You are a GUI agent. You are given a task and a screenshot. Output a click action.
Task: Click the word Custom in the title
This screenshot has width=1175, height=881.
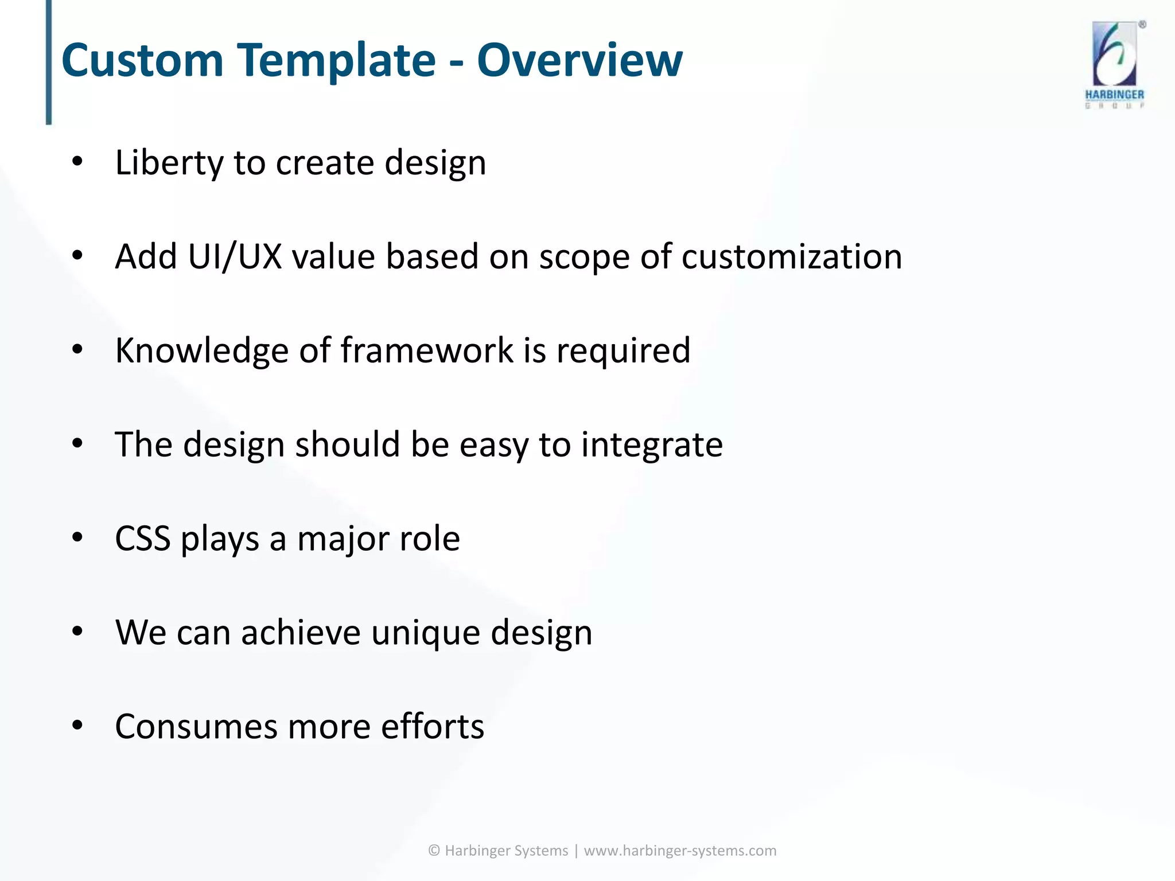(142, 60)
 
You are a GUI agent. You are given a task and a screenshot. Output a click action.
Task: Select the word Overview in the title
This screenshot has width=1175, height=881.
(579, 60)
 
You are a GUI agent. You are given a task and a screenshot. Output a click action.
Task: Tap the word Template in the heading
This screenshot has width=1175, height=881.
(337, 60)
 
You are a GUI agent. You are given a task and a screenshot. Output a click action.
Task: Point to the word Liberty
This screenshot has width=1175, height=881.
(169, 163)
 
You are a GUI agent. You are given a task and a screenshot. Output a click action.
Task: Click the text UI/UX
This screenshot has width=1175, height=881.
(235, 256)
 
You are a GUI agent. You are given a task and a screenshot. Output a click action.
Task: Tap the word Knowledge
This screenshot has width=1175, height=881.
(201, 350)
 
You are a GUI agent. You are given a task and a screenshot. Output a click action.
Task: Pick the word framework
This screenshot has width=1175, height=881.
(427, 350)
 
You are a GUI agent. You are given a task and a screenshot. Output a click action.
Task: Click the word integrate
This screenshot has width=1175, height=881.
(652, 445)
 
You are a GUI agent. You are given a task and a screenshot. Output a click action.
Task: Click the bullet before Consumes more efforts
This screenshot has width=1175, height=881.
(77, 726)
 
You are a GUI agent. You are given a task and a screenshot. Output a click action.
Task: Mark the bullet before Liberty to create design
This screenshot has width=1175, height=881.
(77, 162)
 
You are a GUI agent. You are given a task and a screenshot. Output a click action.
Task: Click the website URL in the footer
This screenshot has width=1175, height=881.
(680, 851)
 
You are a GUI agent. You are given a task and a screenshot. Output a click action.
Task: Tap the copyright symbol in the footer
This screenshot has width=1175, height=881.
(434, 851)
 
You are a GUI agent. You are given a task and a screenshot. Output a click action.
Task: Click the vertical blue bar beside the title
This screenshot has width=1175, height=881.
(49, 62)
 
